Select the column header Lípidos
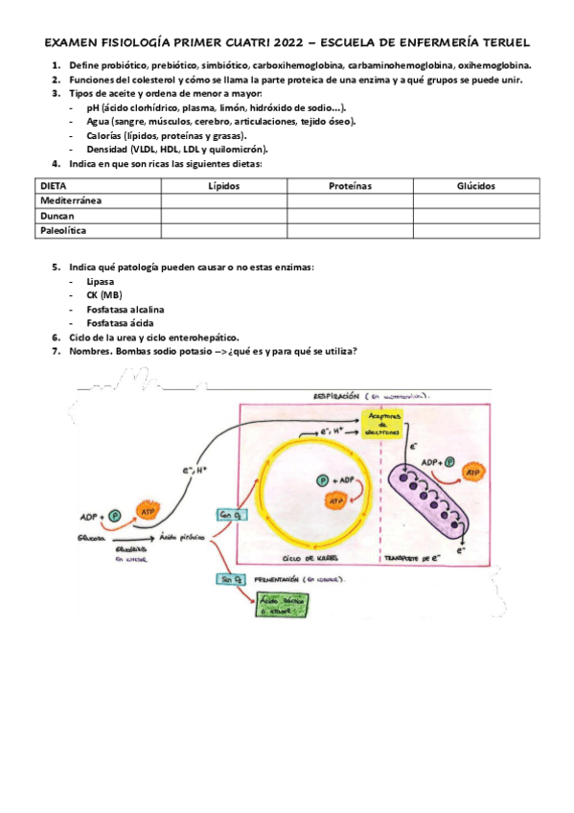pos(224,185)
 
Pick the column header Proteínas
pos(349,185)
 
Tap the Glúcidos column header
pos(476,185)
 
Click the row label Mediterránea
pos(72,200)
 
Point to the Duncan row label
pos(57,216)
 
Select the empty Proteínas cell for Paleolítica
pos(349,231)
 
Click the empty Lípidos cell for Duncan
pos(224,216)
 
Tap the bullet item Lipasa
pos(100,282)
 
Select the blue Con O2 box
pos(233,515)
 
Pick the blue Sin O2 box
pos(233,579)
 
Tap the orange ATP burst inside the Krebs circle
pos(335,500)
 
